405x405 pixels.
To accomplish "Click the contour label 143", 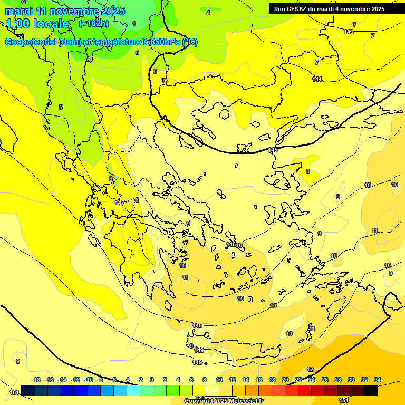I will point(349,32).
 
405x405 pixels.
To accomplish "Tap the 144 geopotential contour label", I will point(317,79).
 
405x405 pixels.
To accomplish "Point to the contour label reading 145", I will point(273,150).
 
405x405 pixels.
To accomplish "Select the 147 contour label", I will point(120,202).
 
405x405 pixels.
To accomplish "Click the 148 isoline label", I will point(198,325).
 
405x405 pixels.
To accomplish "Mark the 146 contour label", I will point(230,245).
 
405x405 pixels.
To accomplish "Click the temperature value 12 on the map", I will point(310,369).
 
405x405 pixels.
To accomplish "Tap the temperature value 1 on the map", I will point(134,24).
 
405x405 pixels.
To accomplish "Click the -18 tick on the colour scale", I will point(36,380).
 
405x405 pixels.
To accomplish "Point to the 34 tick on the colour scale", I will point(378,380).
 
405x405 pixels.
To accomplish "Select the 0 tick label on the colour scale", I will point(152,380).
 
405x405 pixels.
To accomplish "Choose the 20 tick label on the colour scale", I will point(285,380).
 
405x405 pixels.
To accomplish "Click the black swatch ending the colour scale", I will point(371,390).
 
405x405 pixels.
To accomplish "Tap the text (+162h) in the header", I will point(93,23).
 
